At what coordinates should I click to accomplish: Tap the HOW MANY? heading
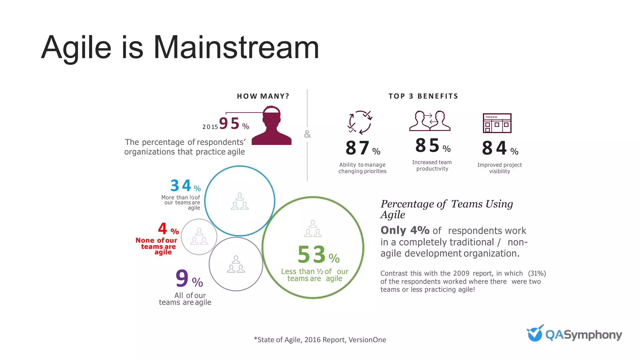263,96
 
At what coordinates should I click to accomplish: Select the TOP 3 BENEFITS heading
423,96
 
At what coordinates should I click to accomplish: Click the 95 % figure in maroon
234,124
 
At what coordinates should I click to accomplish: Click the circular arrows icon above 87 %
360,122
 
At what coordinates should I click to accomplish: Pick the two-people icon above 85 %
430,121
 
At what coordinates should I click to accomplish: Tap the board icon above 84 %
497,123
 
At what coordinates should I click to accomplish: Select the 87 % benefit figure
362,148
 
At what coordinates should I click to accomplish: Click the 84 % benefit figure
500,148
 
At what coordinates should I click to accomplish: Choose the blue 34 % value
185,186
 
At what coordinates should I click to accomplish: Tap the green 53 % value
318,255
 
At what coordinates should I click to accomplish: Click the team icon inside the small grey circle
199,237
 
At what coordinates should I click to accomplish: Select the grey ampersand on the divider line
307,134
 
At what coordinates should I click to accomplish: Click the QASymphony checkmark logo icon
535,333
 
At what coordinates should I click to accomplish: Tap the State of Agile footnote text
320,340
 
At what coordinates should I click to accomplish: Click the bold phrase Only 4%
405,230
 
